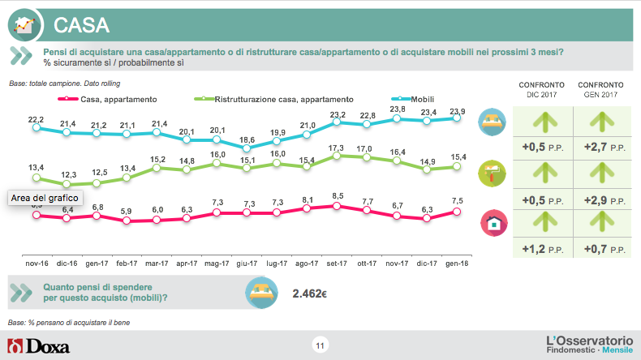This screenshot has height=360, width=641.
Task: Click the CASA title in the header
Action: [81, 24]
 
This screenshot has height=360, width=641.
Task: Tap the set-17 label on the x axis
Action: [338, 264]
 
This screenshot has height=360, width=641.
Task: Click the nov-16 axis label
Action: [37, 264]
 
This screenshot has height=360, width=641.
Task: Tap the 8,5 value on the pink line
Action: [338, 195]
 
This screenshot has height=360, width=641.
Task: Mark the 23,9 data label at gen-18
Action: [458, 111]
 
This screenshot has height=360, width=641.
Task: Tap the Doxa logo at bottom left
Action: [38, 347]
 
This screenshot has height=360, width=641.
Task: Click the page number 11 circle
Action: [320, 347]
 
